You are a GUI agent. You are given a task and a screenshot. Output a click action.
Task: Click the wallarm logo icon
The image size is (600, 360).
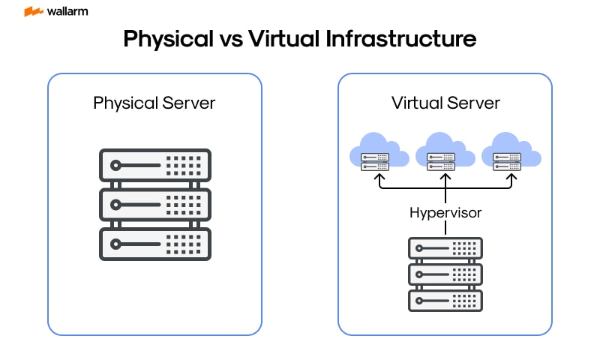pyautogui.click(x=32, y=12)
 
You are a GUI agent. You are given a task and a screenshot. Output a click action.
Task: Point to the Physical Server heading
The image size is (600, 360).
pyautogui.click(x=154, y=103)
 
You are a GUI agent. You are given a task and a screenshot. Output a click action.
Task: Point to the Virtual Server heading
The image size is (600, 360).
pyautogui.click(x=445, y=103)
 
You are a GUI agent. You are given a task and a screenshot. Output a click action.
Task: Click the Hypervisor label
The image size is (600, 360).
pyautogui.click(x=445, y=213)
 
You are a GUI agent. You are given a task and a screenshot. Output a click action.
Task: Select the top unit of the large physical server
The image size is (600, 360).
pyautogui.click(x=154, y=165)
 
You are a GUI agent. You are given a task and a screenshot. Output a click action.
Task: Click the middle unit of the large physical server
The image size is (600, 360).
pyautogui.click(x=154, y=204)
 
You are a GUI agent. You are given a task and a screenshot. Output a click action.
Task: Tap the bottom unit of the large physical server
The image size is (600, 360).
pyautogui.click(x=154, y=244)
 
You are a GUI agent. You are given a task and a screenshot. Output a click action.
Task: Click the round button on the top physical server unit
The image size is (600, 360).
pyautogui.click(x=115, y=165)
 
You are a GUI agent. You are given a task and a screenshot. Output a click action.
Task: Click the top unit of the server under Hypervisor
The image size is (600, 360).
pyautogui.click(x=445, y=247)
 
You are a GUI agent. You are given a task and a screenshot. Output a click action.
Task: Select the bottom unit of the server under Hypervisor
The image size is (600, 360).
pyautogui.click(x=445, y=300)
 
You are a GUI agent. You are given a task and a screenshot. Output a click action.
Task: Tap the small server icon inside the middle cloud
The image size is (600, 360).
pyautogui.click(x=441, y=161)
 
